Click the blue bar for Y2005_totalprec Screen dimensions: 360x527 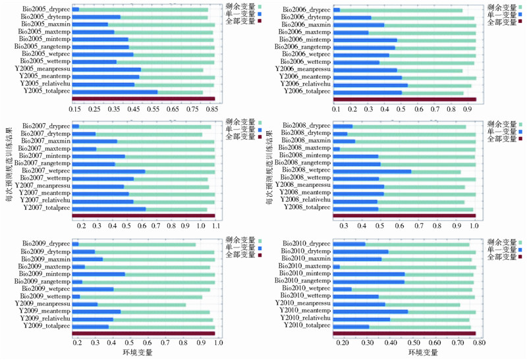click(115, 91)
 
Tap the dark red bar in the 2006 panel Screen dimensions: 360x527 click(404, 99)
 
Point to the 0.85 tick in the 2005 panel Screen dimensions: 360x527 click(211, 109)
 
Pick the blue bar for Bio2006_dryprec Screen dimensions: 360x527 click(337, 10)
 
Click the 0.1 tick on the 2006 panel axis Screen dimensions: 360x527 click(335, 109)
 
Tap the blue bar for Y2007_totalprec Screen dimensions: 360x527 click(109, 209)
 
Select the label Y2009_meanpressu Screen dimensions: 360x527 click(42, 303)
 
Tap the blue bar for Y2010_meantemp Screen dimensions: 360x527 click(371, 311)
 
